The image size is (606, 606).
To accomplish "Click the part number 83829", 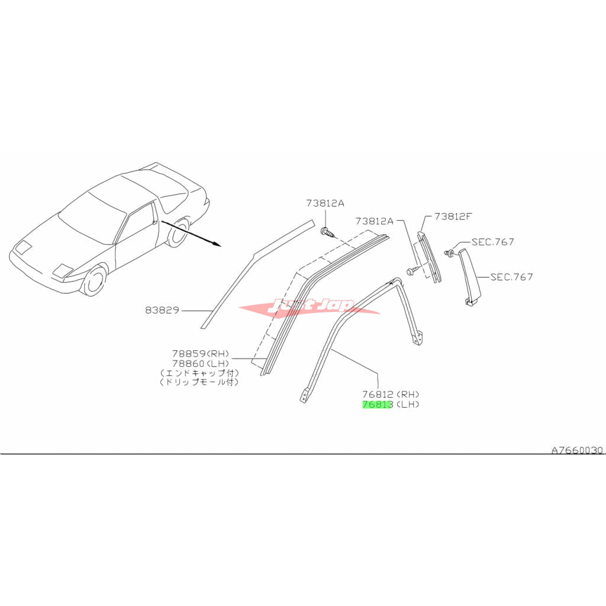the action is pos(162,310).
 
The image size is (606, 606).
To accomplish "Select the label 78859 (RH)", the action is pos(201,354).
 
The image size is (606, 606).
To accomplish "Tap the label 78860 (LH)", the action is pos(201,364).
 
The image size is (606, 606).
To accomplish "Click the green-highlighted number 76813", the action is pos(378,405).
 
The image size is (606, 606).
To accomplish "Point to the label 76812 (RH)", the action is pos(391,395).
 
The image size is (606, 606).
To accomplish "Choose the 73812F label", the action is pos(453,217).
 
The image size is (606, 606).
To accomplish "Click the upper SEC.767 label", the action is pos(493,242).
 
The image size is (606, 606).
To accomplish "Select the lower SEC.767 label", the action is pos(511,277).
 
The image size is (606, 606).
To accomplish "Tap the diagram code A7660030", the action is pos(577,450).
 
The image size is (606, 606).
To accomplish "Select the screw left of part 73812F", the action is pos(412,271).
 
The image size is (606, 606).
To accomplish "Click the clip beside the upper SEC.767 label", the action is pos(449,253).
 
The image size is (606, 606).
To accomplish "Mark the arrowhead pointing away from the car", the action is pos(217,244).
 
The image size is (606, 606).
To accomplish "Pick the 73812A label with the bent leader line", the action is pos(374,221).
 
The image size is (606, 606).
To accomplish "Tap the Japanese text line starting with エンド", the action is pos(199,373).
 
